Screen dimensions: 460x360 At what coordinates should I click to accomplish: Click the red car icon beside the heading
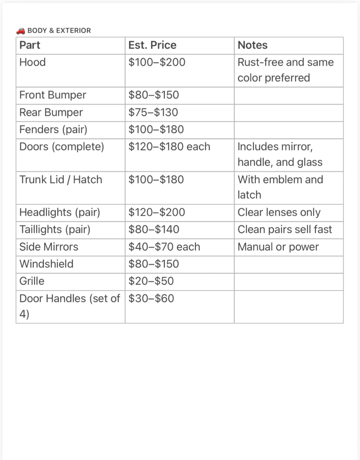(21, 31)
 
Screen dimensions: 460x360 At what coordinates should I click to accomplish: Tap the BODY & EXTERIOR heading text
(59, 31)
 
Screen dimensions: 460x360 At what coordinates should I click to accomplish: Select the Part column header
(30, 45)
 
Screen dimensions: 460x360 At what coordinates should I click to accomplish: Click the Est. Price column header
(152, 45)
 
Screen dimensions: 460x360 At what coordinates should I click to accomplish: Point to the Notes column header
(252, 45)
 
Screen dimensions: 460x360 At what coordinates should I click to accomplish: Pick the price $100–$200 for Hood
(157, 62)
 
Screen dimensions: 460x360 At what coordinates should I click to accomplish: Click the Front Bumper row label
(53, 95)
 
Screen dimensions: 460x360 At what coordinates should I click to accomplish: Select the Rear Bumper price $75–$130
(153, 112)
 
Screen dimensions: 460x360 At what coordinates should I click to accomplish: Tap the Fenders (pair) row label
(53, 130)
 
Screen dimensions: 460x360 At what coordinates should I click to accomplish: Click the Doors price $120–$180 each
(169, 147)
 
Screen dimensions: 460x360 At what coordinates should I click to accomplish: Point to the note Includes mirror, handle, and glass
(280, 154)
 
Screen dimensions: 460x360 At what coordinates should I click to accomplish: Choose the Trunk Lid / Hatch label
(61, 180)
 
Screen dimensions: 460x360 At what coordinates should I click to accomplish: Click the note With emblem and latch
(280, 187)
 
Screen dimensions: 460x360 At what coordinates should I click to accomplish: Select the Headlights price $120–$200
(157, 212)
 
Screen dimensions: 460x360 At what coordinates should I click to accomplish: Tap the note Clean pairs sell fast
(285, 229)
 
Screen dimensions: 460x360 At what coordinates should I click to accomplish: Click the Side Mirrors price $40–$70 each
(164, 247)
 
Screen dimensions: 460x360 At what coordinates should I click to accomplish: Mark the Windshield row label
(46, 264)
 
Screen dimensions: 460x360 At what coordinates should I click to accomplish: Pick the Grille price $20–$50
(151, 281)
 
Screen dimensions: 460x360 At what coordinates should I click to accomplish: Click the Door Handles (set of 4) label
(69, 306)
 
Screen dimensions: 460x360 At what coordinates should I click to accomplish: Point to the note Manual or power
(278, 247)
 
